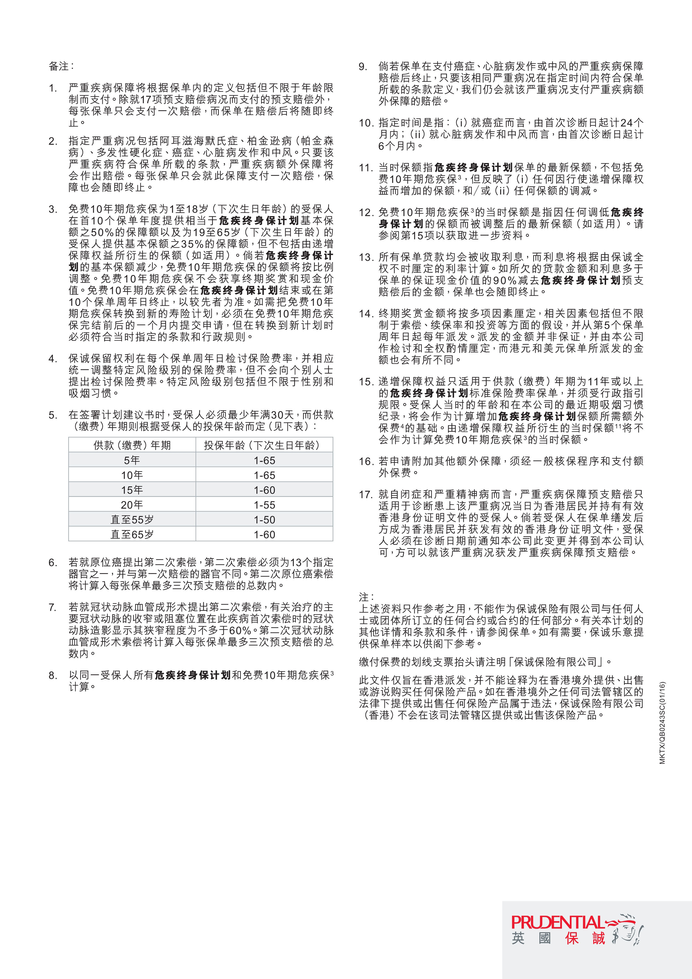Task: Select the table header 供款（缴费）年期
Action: pos(132,445)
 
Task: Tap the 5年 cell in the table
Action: pos(132,460)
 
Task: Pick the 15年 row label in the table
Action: pos(132,490)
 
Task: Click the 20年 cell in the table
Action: pos(132,505)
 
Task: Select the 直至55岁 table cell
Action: pos(132,520)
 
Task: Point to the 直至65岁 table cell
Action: pos(132,535)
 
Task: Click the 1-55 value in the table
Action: pos(264,505)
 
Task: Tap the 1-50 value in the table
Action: pos(264,520)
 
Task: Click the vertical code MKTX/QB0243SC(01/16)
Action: pos(662,723)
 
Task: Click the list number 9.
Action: pos(363,66)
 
